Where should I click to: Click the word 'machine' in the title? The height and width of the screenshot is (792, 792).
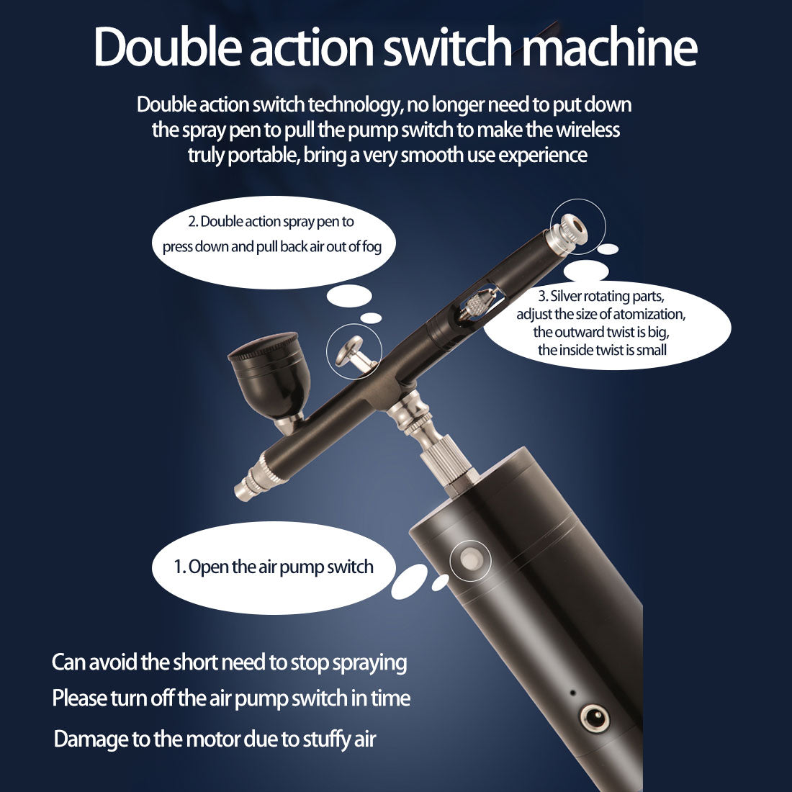pyautogui.click(x=610, y=47)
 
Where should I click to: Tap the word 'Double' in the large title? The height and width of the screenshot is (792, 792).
pyautogui.click(x=168, y=47)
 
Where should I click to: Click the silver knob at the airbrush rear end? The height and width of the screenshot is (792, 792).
pyautogui.click(x=569, y=233)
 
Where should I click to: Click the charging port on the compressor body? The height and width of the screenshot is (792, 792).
pyautogui.click(x=594, y=717)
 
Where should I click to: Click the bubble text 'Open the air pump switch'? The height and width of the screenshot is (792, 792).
pyautogui.click(x=274, y=567)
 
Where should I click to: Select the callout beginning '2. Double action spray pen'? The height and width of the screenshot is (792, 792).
pyautogui.click(x=271, y=234)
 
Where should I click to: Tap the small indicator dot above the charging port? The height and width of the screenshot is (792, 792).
pyautogui.click(x=572, y=693)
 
